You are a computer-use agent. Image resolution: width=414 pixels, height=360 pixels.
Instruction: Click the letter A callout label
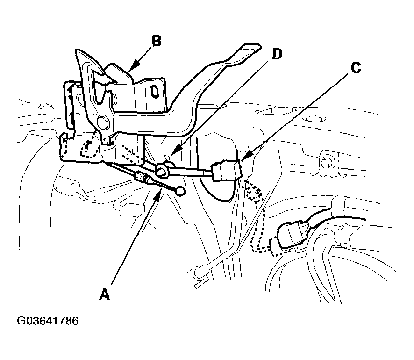(105, 294)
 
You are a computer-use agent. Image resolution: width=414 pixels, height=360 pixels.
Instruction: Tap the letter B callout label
(157, 41)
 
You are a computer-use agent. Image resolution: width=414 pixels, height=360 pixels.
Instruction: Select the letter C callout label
(356, 68)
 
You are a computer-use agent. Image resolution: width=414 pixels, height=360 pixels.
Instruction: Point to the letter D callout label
(277, 54)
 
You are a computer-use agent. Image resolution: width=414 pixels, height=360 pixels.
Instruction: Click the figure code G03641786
(48, 321)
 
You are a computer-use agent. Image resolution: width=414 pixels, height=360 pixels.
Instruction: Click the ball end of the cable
(180, 191)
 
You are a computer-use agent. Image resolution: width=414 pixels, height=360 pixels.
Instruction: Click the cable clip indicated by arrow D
(162, 170)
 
